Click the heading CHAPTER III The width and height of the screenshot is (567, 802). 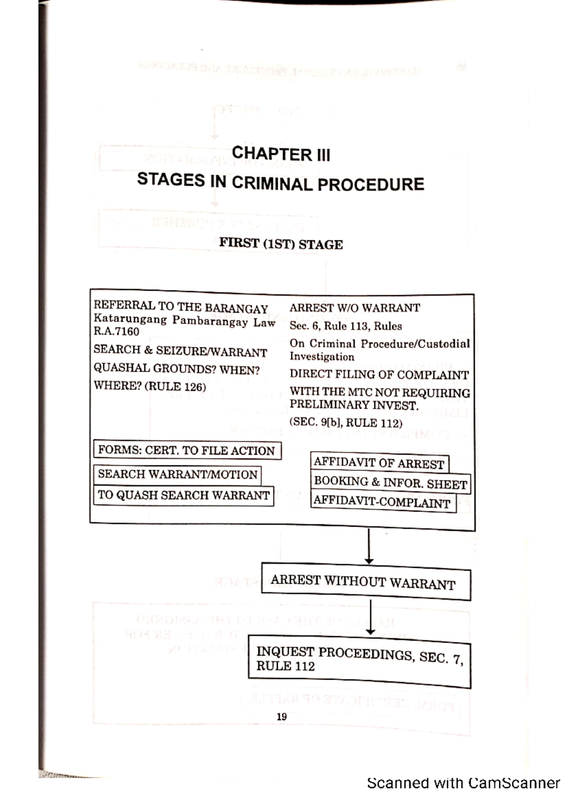point(281,154)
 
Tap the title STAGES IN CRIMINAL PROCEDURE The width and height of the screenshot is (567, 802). point(281,182)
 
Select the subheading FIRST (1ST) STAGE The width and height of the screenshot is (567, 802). point(281,244)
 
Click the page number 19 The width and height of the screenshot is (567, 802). point(282,717)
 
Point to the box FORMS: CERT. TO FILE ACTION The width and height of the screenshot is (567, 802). point(187,450)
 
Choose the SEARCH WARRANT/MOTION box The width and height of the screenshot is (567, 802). point(177,474)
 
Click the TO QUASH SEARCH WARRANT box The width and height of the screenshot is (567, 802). point(183,495)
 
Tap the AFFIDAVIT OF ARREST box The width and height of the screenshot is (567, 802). point(379,463)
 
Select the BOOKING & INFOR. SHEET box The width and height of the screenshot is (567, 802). point(390,483)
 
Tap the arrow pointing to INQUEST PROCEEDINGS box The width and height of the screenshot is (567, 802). point(371,617)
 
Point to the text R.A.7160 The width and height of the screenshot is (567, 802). point(116,332)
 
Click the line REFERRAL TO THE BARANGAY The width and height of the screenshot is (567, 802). point(181,307)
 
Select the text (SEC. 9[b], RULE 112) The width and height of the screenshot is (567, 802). point(346,422)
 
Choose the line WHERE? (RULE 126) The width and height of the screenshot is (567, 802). point(150,386)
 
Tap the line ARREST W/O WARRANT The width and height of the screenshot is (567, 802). point(354,308)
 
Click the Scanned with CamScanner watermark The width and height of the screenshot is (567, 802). point(463,783)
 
